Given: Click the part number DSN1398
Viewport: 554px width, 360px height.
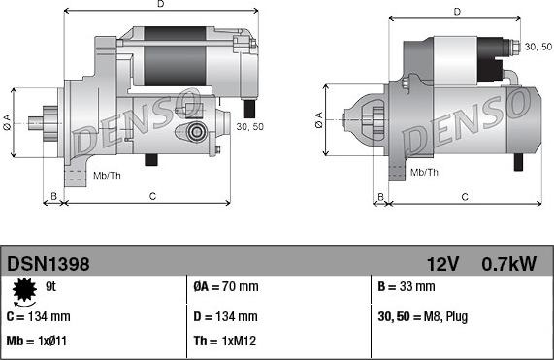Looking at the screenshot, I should pos(49,263).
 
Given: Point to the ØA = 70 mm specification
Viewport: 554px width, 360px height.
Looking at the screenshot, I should pos(225,287).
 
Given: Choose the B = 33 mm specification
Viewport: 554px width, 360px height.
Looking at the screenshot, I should pos(406,287).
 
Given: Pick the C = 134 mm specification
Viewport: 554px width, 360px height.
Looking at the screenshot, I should pos(39,316).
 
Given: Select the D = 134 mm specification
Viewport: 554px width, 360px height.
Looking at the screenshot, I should pos(225,316).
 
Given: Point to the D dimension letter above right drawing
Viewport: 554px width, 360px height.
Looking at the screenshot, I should pos(455,12).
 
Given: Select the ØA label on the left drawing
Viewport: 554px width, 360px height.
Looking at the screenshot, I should pos(8,120).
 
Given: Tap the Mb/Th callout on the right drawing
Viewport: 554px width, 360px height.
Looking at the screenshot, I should pos(424,172).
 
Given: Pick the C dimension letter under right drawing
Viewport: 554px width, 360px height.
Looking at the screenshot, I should pos(465,197).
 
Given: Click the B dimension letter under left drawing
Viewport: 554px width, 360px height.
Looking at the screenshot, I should pos(55,197).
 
